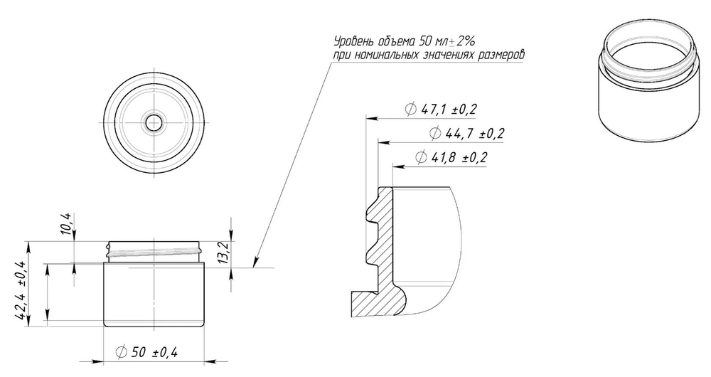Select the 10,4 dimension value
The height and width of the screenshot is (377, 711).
(x=66, y=223)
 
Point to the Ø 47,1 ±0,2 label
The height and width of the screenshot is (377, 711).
(x=441, y=110)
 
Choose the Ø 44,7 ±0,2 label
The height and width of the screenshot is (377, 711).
(x=466, y=134)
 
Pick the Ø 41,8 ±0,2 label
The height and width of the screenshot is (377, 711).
(x=451, y=157)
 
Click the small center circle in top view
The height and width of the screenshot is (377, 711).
(x=154, y=122)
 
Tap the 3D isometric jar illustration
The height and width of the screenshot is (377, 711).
(x=646, y=82)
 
